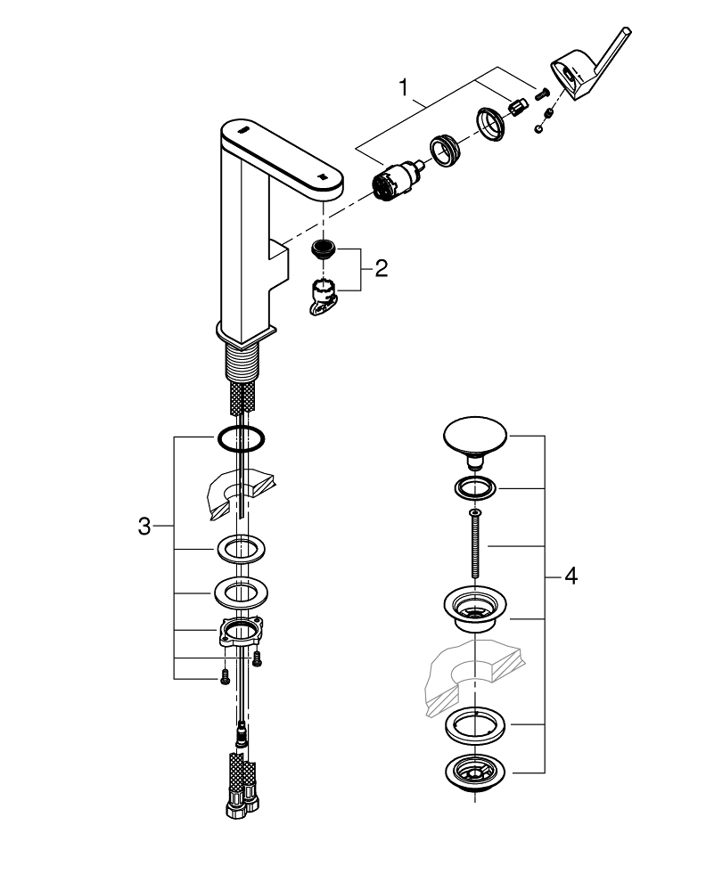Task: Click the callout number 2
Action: coord(382,268)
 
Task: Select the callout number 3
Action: coord(144,526)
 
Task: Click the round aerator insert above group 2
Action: coord(324,248)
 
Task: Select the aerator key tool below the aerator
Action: coord(324,297)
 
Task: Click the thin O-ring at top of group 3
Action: coord(240,437)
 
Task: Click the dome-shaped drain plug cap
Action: coord(475,440)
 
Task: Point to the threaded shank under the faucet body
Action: coord(239,365)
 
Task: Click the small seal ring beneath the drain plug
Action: coord(474,488)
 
